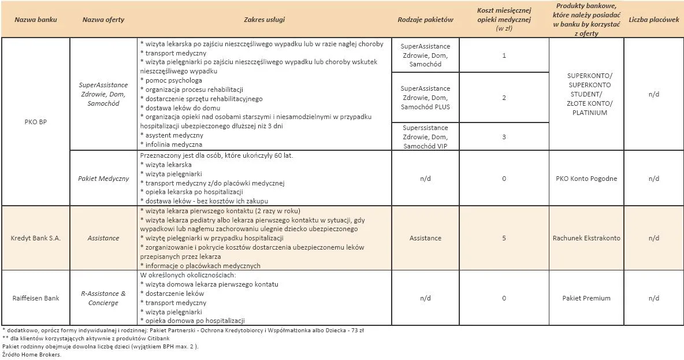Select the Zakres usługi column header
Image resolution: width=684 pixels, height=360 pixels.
pos(264,20)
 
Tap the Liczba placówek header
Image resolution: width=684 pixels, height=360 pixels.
pos(653,20)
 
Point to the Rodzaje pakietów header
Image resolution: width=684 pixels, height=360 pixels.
pos(425,20)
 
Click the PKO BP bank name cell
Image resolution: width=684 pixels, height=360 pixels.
pos(36,122)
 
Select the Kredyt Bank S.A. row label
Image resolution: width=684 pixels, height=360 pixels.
pos(36,238)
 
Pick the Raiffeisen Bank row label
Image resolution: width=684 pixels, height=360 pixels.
pos(36,298)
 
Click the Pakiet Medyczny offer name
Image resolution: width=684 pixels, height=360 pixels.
pos(103,179)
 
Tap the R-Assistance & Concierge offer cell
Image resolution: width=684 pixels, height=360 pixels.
pos(103,298)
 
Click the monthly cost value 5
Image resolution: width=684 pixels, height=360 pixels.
pos(504,238)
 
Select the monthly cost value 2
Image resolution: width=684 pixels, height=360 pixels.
pos(504,98)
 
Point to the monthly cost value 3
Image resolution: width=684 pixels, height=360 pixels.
pos(504,137)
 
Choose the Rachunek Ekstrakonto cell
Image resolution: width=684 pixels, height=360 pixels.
pos(586,238)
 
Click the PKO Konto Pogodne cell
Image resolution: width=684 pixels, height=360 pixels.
pos(586,179)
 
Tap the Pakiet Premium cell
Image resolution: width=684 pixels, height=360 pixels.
pos(586,298)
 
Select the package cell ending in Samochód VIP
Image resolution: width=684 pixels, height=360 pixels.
pos(425,137)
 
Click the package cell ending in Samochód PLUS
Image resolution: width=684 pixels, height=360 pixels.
pos(425,98)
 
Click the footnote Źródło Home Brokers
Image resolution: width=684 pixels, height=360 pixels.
pos(32,354)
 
